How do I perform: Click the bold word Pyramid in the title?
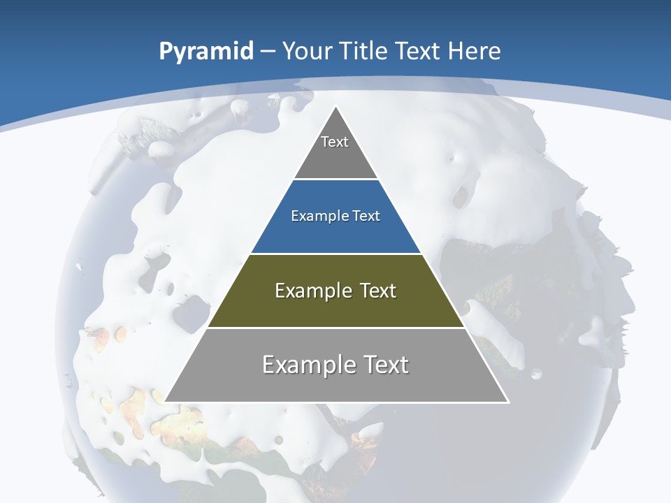[x=205, y=52]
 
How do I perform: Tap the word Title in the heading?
[x=363, y=51]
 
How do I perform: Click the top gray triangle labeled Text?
[x=335, y=150]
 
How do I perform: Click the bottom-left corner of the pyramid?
[x=166, y=402]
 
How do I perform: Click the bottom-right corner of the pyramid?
[x=507, y=402]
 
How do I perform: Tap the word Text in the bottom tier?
[x=384, y=365]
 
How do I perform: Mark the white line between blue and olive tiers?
[x=335, y=254]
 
